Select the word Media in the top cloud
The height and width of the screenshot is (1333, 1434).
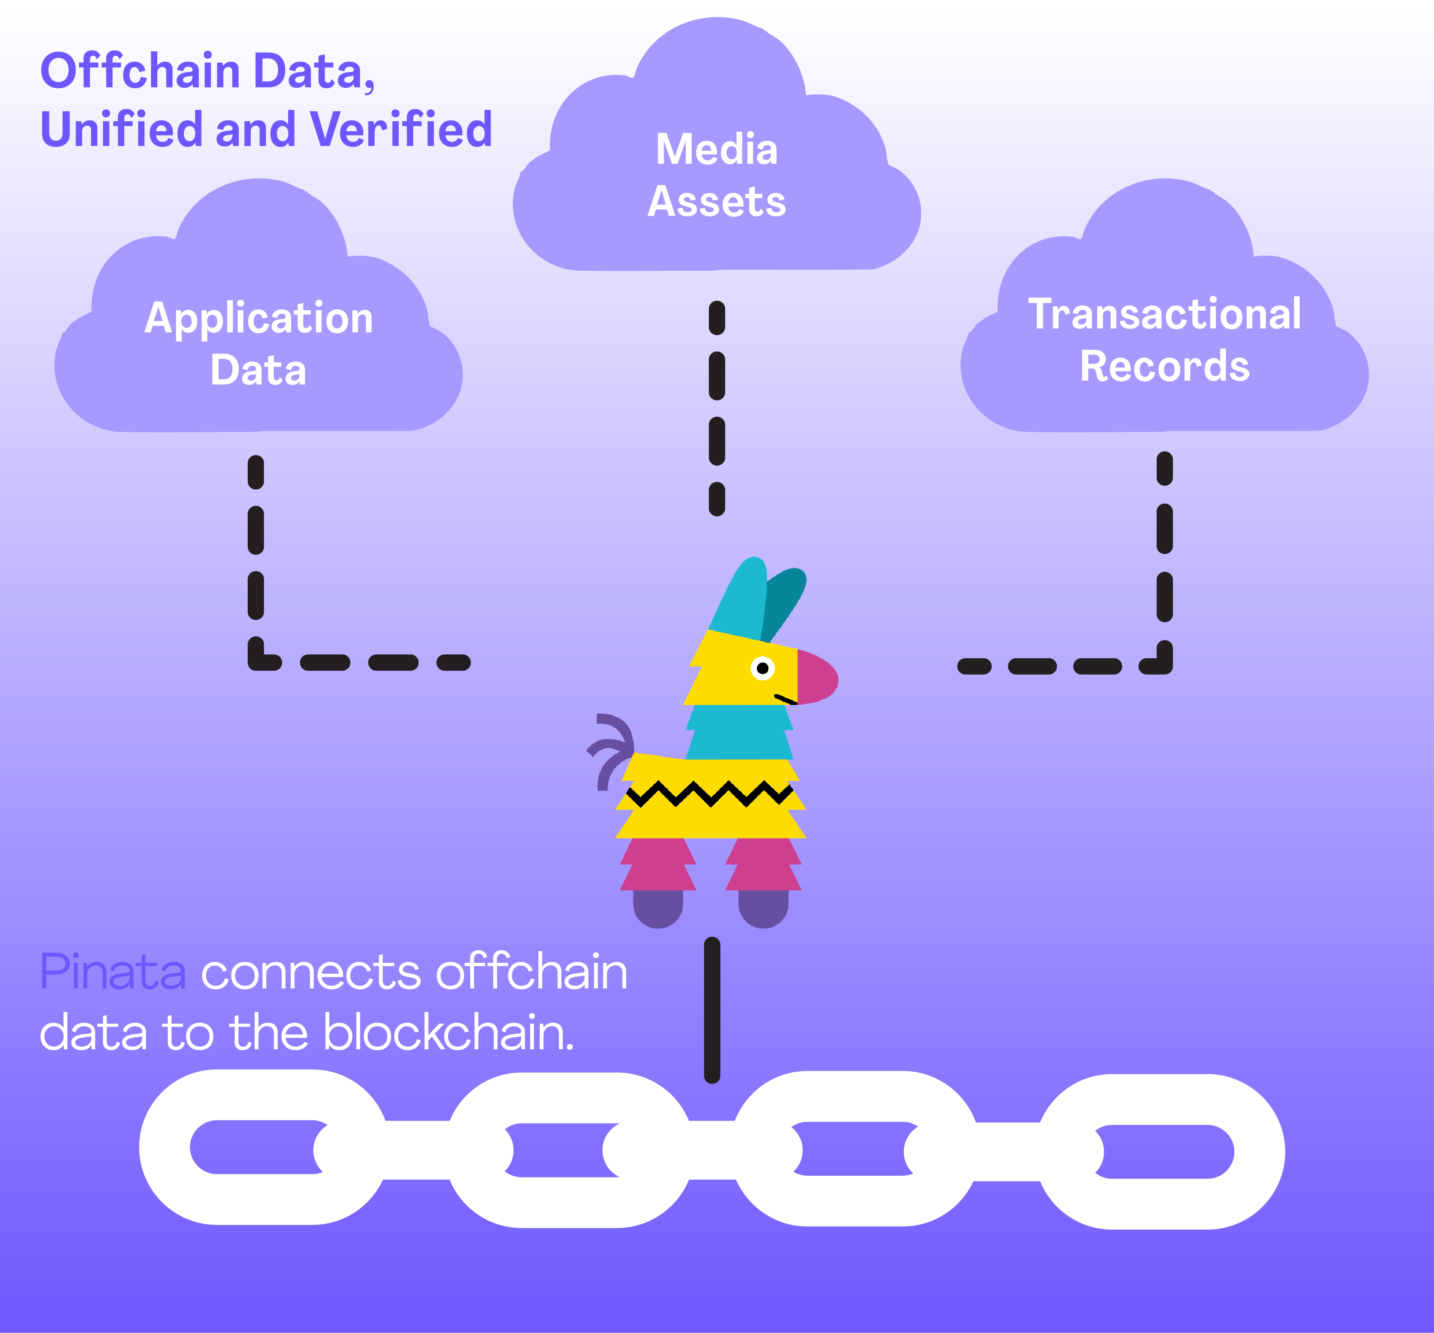click(716, 149)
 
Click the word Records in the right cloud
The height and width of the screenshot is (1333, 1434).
click(1164, 366)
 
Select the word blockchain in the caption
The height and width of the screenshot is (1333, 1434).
click(447, 1032)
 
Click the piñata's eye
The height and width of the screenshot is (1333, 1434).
click(763, 668)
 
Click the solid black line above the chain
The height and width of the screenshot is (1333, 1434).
click(712, 1010)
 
